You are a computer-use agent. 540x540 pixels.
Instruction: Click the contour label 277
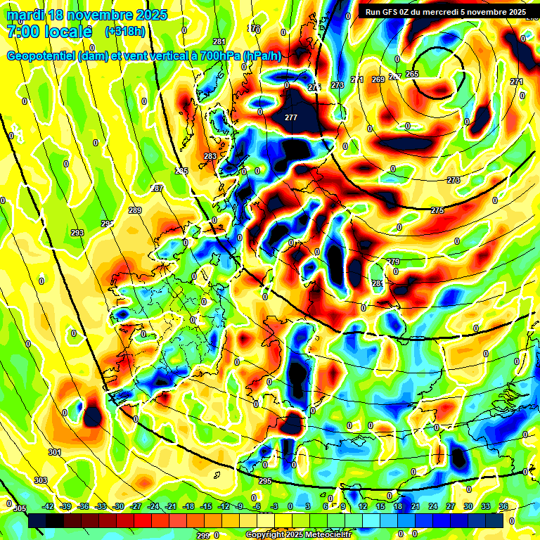click(x=291, y=117)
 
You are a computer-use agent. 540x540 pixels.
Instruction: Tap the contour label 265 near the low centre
click(x=412, y=74)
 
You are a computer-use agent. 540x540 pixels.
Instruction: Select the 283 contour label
click(x=210, y=156)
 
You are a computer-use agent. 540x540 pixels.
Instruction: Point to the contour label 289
click(x=135, y=210)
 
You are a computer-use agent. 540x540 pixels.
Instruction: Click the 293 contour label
click(x=77, y=233)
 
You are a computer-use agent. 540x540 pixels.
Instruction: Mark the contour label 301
click(x=55, y=452)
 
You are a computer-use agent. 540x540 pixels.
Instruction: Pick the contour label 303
click(x=41, y=480)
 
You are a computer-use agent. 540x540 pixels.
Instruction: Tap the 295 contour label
click(x=265, y=481)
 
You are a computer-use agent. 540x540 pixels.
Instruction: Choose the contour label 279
click(x=394, y=262)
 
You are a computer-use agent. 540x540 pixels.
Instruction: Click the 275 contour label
click(x=437, y=210)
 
